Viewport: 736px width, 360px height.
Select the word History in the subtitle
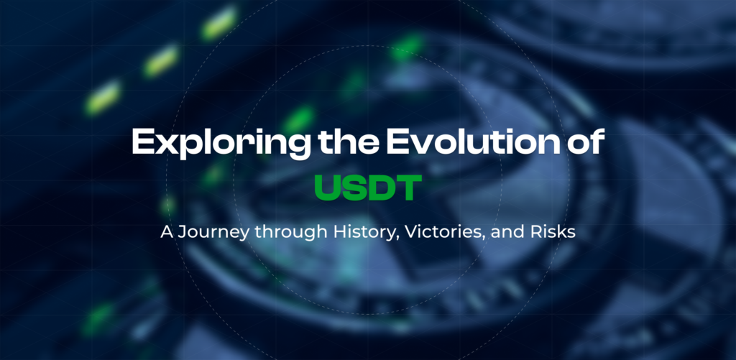tap(342, 234)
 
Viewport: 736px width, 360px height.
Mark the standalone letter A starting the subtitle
tap(165, 234)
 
